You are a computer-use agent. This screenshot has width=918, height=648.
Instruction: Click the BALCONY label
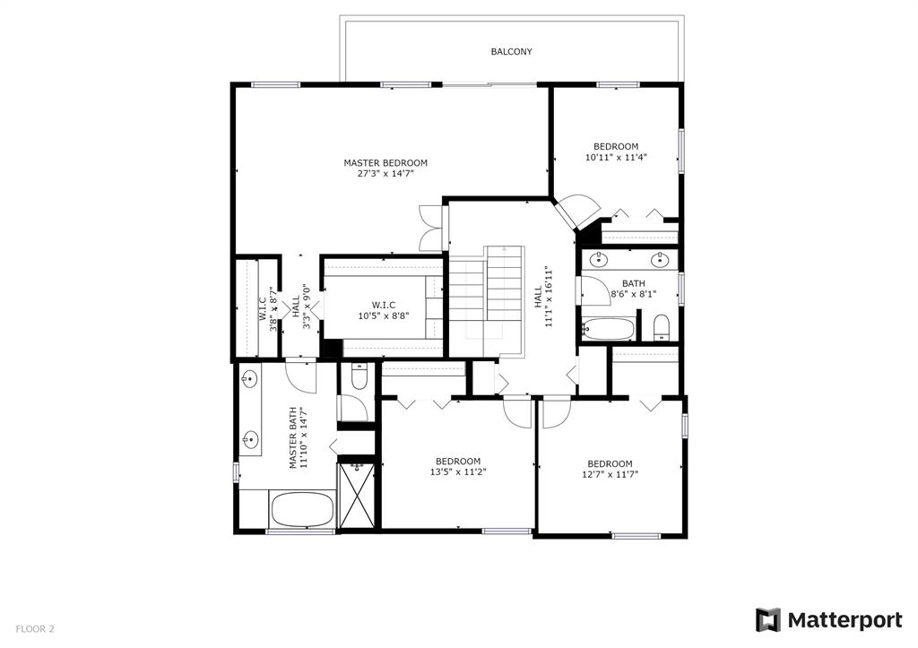511,51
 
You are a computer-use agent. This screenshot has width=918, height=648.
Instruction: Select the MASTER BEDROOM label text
385,163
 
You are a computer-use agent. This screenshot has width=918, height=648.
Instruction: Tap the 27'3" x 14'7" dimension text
385,174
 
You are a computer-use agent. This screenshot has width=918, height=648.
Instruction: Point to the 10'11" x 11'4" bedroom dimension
616,158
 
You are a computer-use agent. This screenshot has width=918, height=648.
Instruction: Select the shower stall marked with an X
357,496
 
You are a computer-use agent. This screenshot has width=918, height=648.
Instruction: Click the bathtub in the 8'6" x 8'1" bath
608,329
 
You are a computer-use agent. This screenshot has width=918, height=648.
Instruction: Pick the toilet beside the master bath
359,376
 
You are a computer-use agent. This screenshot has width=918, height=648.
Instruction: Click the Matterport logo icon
767,620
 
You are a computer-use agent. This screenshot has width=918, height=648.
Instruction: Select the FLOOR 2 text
35,629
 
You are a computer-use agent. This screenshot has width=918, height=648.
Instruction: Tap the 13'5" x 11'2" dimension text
458,472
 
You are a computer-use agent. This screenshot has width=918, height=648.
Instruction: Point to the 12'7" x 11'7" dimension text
610,475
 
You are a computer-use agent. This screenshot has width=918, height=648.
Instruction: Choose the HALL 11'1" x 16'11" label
544,297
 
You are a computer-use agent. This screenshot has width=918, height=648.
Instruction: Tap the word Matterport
844,620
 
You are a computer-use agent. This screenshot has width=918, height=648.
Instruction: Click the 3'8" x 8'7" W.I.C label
267,309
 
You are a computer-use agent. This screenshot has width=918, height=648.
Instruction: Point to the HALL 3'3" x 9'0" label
300,307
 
